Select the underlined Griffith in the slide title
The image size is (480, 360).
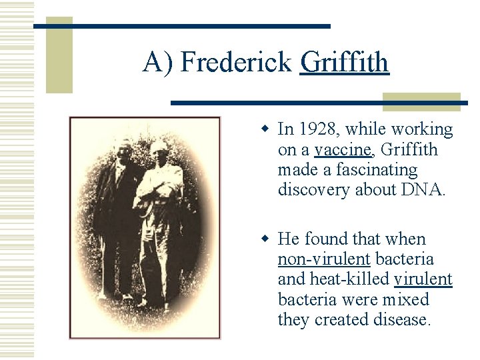pos(344,63)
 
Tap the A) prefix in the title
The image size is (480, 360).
pos(158,63)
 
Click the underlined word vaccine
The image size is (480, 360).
pos(342,150)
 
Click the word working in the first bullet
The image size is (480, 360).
pos(419,129)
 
